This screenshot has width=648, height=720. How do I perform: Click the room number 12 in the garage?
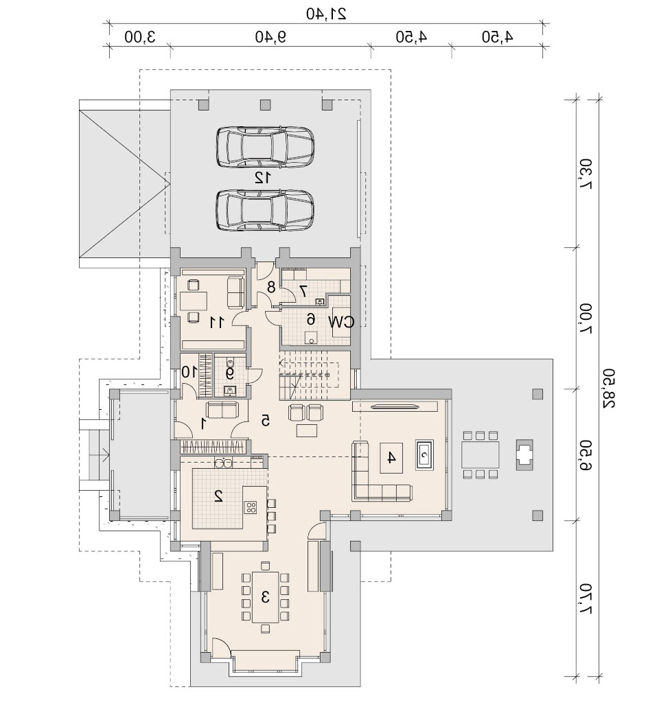pyautogui.click(x=263, y=177)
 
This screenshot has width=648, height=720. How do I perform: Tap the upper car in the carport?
pyautogui.click(x=266, y=146)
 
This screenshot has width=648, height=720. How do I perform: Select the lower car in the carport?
pyautogui.click(x=266, y=210)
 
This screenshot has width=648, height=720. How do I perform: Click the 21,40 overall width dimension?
pyautogui.click(x=327, y=13)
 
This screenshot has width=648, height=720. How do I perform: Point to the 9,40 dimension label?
pyautogui.click(x=270, y=37)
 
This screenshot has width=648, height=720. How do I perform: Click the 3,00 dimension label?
pyautogui.click(x=139, y=37)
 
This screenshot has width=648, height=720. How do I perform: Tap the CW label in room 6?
pyautogui.click(x=340, y=322)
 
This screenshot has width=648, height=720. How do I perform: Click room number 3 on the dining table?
pyautogui.click(x=265, y=597)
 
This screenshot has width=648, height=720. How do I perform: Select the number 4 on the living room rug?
pyautogui.click(x=391, y=457)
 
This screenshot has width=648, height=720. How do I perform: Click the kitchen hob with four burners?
pyautogui.click(x=251, y=507)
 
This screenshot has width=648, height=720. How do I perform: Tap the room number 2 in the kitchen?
pyautogui.click(x=218, y=496)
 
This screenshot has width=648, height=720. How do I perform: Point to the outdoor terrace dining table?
pyautogui.click(x=481, y=454)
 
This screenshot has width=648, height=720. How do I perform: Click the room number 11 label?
pyautogui.click(x=216, y=323)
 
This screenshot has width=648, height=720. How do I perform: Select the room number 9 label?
pyautogui.click(x=230, y=373)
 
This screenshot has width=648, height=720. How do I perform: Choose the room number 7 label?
pyautogui.click(x=303, y=290)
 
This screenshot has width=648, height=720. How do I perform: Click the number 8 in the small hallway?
pyautogui.click(x=271, y=288)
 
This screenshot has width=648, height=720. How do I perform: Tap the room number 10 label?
pyautogui.click(x=189, y=371)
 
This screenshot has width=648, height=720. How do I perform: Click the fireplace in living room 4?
pyautogui.click(x=424, y=454)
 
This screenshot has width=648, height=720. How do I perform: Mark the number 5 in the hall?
pyautogui.click(x=265, y=420)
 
